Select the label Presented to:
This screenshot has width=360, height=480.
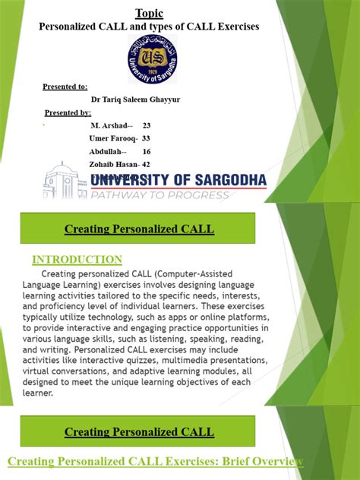coord(65,87)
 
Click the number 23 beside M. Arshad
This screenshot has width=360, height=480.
coord(147,125)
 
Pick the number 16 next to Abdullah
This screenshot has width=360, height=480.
coord(147,151)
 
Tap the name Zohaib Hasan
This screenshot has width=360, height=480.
coord(113,164)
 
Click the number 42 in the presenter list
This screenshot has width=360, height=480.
coord(146,164)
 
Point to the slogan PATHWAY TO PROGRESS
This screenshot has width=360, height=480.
coord(159,195)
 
